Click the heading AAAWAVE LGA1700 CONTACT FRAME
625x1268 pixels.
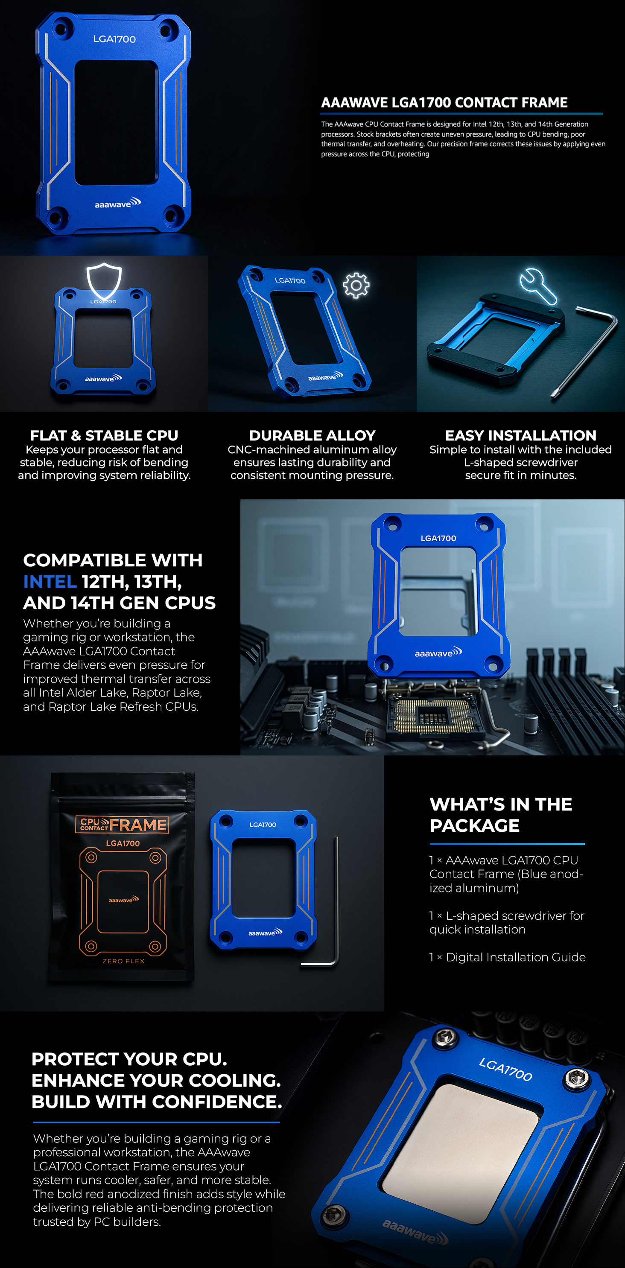coord(444,102)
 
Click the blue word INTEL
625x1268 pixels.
coord(50,581)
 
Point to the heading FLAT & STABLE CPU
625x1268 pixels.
coord(104,435)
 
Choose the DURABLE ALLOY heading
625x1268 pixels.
coord(312,435)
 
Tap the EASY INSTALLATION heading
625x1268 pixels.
coord(520,435)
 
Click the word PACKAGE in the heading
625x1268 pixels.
coord(474,825)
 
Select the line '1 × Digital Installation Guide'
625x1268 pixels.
coord(507,957)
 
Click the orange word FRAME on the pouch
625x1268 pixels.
coord(138,825)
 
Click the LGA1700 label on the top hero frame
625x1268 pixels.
coord(114,39)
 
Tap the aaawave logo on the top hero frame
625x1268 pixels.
coord(118,203)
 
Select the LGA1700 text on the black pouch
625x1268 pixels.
coord(123,843)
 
